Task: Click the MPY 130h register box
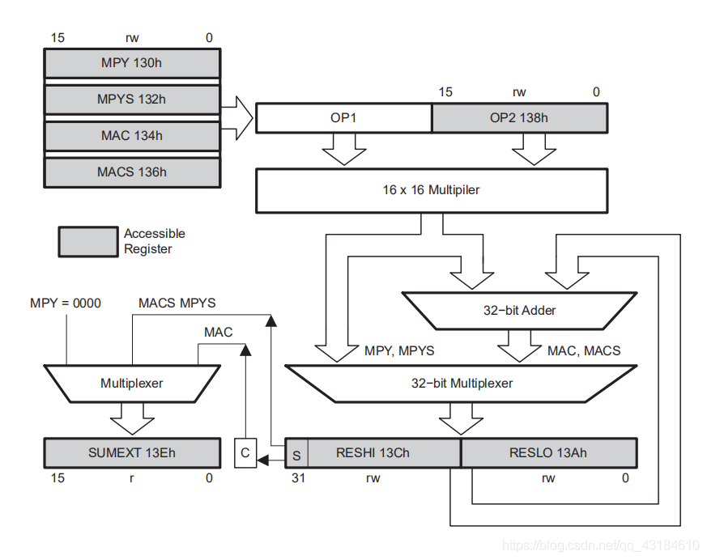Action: click(131, 62)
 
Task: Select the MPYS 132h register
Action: click(131, 100)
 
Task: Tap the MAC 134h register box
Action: click(131, 136)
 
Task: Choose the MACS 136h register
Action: click(131, 172)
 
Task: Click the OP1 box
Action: click(343, 118)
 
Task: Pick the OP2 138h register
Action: click(518, 118)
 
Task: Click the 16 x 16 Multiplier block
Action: click(431, 191)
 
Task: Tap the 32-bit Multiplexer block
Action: click(461, 383)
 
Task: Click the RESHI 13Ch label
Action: click(373, 453)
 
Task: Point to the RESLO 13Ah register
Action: click(548, 453)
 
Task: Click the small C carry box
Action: click(245, 453)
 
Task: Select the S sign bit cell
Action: click(296, 454)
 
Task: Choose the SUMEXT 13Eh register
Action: click(131, 453)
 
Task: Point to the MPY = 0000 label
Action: click(66, 303)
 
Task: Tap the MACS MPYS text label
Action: click(175, 303)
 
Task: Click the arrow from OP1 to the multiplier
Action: click(343, 149)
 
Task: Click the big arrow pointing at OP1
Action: click(237, 118)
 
